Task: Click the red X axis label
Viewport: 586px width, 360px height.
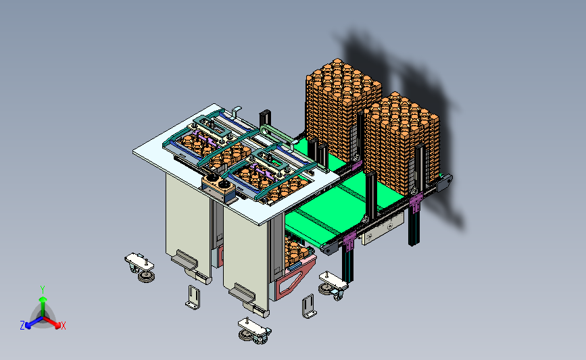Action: tap(63, 326)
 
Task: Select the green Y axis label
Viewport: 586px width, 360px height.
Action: tap(43, 290)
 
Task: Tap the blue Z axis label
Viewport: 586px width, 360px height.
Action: tap(22, 326)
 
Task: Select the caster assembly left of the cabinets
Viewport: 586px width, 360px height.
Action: tap(140, 267)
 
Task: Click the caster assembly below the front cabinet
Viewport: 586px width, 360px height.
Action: tap(255, 330)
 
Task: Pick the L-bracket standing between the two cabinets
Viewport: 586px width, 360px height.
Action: tap(193, 298)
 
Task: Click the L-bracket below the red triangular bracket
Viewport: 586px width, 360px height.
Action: tap(309, 307)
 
